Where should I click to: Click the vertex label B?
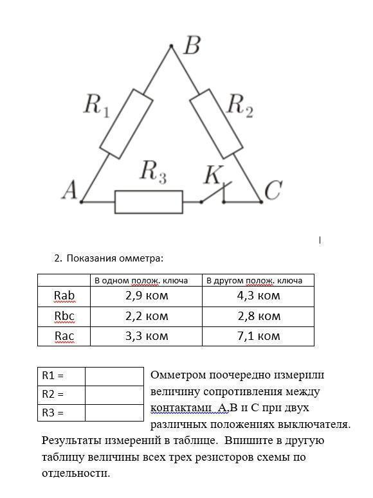tap(192, 46)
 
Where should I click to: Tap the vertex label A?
tap(69, 190)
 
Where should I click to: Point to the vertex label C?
tap(273, 190)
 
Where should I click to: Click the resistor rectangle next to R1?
tap(126, 124)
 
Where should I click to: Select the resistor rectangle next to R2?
tap(216, 123)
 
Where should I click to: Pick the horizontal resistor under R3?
tap(149, 202)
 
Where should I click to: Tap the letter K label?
tap(214, 174)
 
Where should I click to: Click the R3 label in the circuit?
tap(154, 172)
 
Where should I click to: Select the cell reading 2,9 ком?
tap(146, 296)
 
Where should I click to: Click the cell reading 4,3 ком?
tap(259, 296)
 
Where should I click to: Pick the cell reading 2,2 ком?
tap(146, 317)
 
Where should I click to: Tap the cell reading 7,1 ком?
tap(259, 336)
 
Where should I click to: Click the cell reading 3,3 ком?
tap(146, 336)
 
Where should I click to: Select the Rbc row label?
tap(64, 316)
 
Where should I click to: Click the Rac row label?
tap(64, 336)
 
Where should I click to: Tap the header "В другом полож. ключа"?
tap(255, 280)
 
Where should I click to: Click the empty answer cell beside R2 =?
tap(114, 395)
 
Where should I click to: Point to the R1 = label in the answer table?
tap(53, 376)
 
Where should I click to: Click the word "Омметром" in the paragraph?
tap(178, 375)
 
